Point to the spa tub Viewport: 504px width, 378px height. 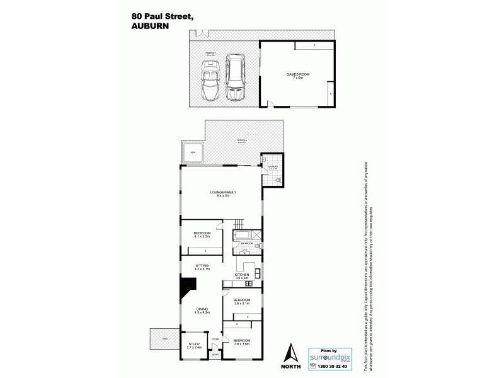[193, 153]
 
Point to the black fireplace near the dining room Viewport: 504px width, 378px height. [188, 290]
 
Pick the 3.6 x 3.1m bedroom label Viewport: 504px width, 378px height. [242, 301]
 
